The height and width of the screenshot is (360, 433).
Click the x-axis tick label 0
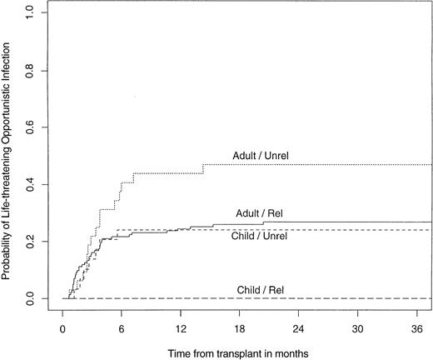coord(62,327)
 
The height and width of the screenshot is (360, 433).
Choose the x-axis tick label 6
coord(122,327)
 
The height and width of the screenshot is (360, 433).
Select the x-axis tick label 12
coord(181,327)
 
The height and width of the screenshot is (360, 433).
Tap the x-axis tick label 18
coord(240,327)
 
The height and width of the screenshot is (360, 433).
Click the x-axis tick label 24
coord(299,327)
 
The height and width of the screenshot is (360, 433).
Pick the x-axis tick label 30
coord(358,327)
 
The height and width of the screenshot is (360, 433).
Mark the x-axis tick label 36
coord(417,327)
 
